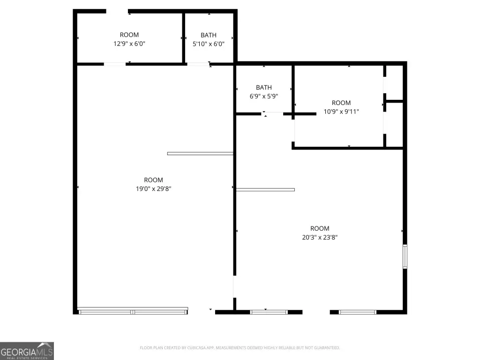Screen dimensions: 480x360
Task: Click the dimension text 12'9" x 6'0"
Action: (x=129, y=44)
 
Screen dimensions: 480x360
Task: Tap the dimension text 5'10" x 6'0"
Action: (x=209, y=44)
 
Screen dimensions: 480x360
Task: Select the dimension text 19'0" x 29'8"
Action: (x=153, y=189)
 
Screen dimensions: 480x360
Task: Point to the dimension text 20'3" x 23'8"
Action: (x=320, y=237)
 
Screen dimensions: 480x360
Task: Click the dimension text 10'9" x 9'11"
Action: (x=341, y=112)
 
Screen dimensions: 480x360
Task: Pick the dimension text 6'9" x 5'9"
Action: (x=263, y=97)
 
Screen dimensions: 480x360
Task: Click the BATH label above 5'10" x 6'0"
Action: (x=209, y=35)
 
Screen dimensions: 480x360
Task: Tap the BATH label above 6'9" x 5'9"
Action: (x=263, y=88)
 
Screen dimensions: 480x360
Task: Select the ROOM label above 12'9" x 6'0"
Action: (x=129, y=35)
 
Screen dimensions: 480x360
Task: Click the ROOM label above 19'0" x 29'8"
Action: (x=153, y=180)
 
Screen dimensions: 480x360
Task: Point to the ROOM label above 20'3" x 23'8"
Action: (x=320, y=228)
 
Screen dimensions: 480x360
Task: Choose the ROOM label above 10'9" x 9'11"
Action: (x=341, y=103)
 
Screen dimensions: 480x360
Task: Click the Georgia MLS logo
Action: (x=27, y=351)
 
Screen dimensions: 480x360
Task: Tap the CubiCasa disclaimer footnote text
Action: (x=240, y=348)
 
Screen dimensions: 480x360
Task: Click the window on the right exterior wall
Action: (x=405, y=256)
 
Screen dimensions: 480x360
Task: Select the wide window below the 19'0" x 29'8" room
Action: (x=133, y=311)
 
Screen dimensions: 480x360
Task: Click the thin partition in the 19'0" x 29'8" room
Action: (x=200, y=154)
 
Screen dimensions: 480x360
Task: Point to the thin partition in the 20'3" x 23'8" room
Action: (x=265, y=190)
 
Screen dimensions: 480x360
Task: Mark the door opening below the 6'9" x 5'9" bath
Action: (x=272, y=114)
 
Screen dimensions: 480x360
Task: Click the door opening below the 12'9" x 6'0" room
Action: (x=115, y=64)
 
